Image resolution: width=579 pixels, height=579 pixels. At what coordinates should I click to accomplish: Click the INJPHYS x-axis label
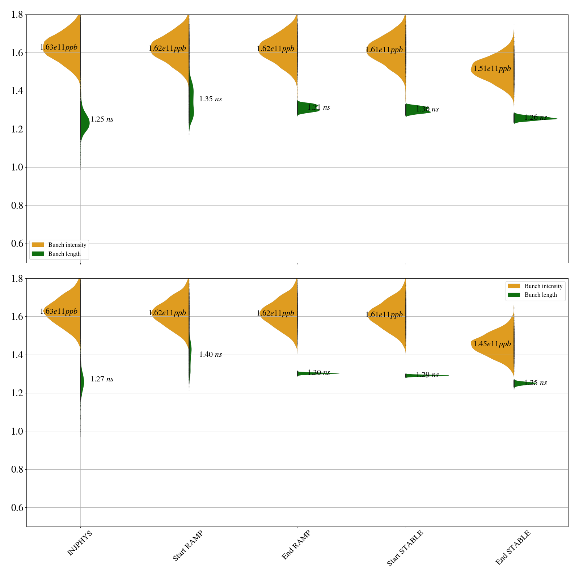click(x=80, y=543)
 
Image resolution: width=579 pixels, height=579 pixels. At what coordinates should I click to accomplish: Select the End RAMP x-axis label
click(x=296, y=545)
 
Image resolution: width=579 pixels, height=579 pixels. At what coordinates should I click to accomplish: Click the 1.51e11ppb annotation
click(x=492, y=68)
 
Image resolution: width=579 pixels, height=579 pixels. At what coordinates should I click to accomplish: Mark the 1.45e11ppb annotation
click(x=492, y=344)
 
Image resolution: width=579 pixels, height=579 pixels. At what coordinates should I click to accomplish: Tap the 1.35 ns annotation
click(x=211, y=99)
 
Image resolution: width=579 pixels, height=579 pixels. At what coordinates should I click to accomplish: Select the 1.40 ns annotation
click(x=211, y=354)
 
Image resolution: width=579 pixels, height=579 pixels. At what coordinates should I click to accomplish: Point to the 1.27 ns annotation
click(x=102, y=379)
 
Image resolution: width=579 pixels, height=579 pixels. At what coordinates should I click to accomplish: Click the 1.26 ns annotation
click(x=536, y=117)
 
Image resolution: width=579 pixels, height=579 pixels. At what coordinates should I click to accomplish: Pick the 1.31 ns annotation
click(x=319, y=107)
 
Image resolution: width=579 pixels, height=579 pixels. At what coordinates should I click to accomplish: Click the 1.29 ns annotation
click(x=427, y=375)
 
